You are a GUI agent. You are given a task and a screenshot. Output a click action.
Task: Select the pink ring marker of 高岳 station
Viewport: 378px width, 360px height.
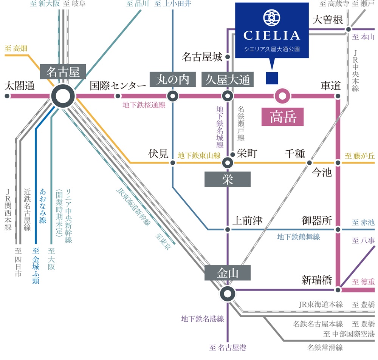[282, 96]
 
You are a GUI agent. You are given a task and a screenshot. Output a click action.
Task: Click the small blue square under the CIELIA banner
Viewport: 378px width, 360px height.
[272, 78]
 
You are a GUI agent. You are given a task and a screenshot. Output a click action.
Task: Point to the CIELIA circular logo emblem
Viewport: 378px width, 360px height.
[272, 17]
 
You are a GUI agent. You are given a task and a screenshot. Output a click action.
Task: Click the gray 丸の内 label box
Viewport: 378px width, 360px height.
[172, 79]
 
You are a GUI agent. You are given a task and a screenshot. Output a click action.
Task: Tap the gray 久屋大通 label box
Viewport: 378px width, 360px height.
[228, 79]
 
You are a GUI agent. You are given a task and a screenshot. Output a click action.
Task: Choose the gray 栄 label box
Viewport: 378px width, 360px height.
[227, 179]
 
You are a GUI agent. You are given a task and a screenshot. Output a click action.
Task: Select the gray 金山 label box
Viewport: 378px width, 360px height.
[227, 273]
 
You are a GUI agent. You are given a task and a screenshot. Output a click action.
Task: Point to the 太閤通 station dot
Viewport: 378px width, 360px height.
[7, 96]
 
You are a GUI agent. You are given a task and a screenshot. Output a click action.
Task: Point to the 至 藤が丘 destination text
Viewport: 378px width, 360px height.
[360, 155]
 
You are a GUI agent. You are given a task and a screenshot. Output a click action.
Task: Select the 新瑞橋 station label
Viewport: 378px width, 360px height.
[316, 280]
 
